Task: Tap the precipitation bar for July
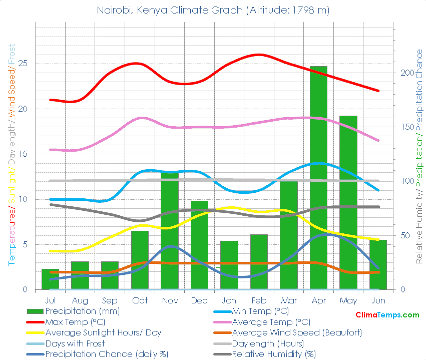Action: (50, 279)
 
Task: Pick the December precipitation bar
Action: (199, 245)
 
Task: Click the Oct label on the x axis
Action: (140, 300)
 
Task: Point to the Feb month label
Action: (259, 300)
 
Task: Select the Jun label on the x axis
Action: (378, 300)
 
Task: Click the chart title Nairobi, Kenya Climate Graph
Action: (213, 10)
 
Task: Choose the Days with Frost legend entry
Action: (75, 343)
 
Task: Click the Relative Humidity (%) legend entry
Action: (274, 354)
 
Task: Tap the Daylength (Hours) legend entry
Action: (268, 343)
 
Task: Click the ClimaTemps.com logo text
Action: (387, 315)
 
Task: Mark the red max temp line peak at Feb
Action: (259, 55)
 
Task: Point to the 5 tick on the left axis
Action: (25, 244)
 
